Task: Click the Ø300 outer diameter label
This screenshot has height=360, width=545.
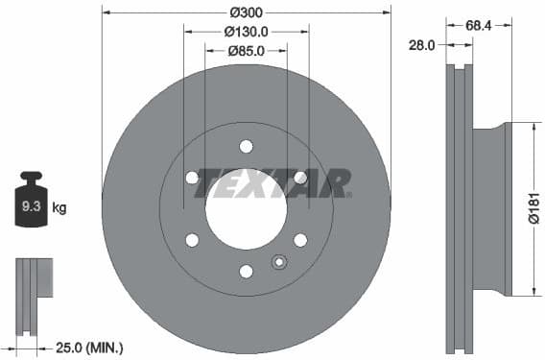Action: click(246, 12)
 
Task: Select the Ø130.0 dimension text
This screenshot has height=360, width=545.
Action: click(246, 31)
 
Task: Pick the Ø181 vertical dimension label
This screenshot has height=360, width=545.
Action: click(534, 208)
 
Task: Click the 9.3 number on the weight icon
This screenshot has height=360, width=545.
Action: click(30, 205)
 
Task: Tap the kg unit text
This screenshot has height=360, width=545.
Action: click(59, 206)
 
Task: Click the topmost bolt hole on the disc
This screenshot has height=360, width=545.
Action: click(246, 146)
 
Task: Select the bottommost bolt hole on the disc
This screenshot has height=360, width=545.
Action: click(246, 271)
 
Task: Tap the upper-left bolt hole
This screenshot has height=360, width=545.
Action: click(192, 178)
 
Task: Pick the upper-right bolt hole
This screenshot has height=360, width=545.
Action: click(300, 178)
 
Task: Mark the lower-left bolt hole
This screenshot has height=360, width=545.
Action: click(192, 240)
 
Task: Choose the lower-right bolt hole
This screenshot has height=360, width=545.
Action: click(300, 240)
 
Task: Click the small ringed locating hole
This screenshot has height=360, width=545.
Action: click(279, 260)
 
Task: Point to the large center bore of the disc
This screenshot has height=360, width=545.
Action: click(246, 210)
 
